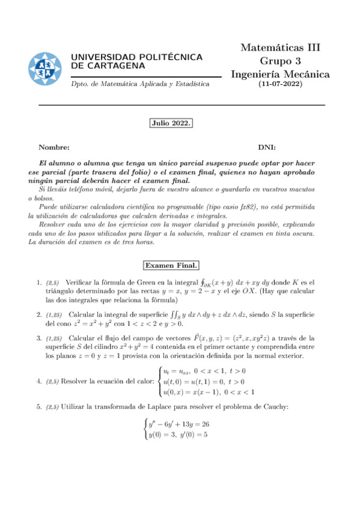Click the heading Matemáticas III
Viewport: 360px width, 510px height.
point(280,48)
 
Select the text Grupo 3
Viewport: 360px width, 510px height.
point(280,61)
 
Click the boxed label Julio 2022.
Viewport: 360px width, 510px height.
point(171,123)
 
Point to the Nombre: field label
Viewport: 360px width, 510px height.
point(54,147)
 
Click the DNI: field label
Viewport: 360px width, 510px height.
point(267,147)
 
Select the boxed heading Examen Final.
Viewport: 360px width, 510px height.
point(171,265)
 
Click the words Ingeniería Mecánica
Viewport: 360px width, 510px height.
point(280,74)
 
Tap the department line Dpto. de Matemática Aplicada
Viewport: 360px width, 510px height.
point(140,84)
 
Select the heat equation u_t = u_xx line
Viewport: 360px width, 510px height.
point(204,371)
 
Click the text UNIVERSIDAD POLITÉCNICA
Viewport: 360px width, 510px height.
point(136,57)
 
